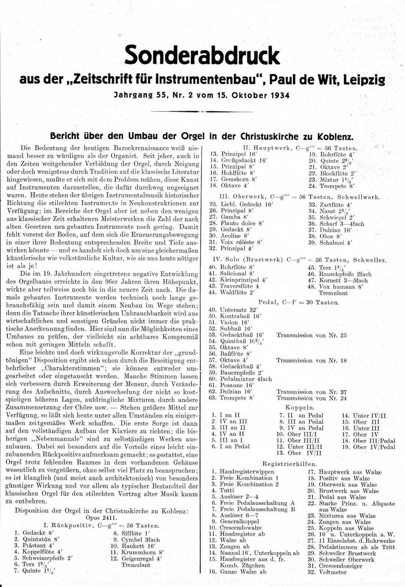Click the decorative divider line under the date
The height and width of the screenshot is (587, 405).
pos(202,111)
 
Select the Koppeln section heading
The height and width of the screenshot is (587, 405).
pos(300,407)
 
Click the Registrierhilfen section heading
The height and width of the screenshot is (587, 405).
pos(295,464)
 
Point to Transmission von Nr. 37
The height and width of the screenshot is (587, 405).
pos(311,392)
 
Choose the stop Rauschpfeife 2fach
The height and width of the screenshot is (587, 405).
pos(345,274)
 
